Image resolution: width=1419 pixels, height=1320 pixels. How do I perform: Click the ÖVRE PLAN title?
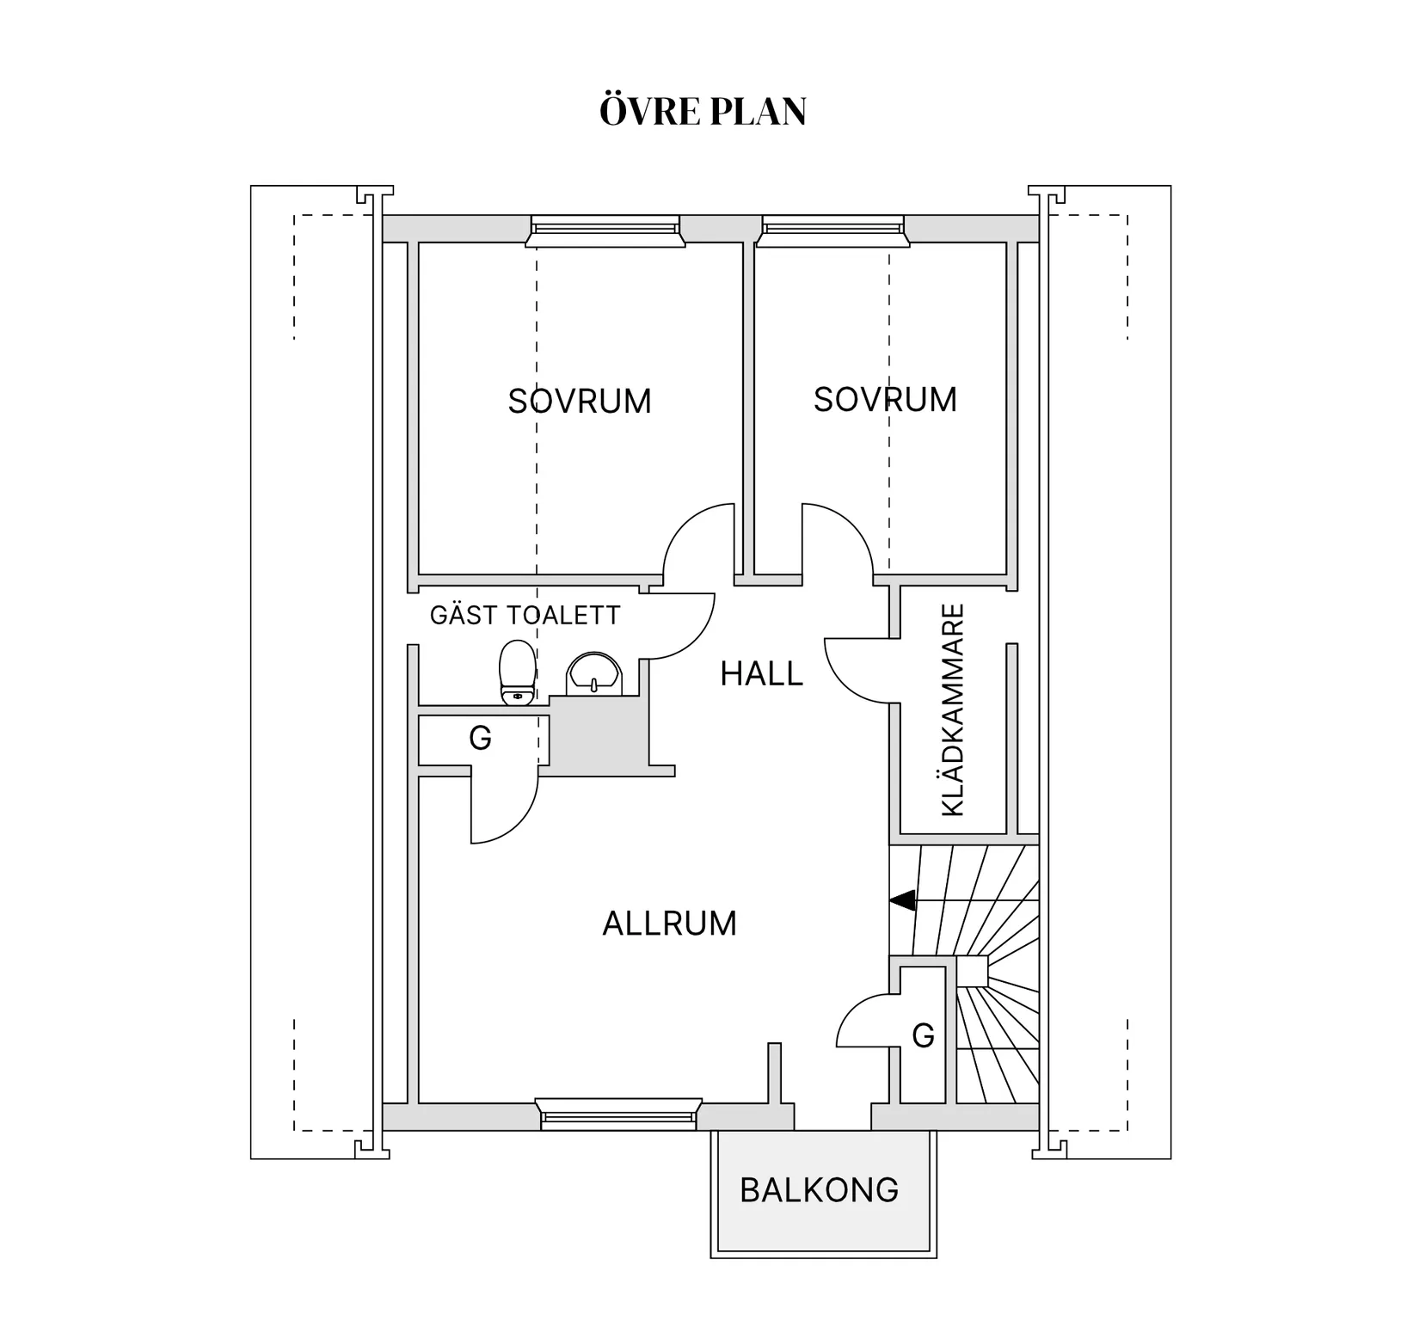pyautogui.click(x=703, y=111)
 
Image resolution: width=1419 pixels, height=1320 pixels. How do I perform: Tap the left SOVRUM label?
pyautogui.click(x=580, y=402)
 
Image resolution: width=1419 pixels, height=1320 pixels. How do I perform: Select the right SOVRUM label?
pyautogui.click(x=885, y=400)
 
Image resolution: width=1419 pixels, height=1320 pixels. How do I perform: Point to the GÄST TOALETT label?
pyautogui.click(x=525, y=615)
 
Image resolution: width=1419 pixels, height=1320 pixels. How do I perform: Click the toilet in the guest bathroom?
pyautogui.click(x=517, y=672)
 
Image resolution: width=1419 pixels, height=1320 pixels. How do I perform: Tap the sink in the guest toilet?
pyautogui.click(x=593, y=673)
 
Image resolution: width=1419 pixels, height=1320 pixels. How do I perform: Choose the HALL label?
pyautogui.click(x=761, y=674)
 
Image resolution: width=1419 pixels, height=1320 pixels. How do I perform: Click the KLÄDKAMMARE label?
pyautogui.click(x=953, y=710)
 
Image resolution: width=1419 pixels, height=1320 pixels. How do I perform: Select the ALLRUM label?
pyautogui.click(x=669, y=924)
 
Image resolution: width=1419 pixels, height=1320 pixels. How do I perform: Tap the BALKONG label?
pyautogui.click(x=819, y=1190)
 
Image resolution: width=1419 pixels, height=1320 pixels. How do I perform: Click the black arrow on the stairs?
pyautogui.click(x=902, y=900)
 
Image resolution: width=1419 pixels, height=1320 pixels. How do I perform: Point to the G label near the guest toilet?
pyautogui.click(x=480, y=738)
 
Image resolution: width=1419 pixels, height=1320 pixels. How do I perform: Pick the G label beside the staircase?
pyautogui.click(x=923, y=1035)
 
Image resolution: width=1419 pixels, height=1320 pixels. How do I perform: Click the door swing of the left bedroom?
pyautogui.click(x=684, y=523)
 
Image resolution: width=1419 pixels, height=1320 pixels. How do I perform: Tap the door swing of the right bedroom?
pyautogui.click(x=853, y=523)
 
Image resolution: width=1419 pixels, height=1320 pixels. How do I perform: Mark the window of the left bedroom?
pyautogui.click(x=605, y=230)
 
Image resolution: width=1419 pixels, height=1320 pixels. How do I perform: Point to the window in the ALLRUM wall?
pyautogui.click(x=618, y=1114)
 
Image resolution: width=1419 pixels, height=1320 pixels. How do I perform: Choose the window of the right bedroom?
pyautogui.click(x=833, y=230)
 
